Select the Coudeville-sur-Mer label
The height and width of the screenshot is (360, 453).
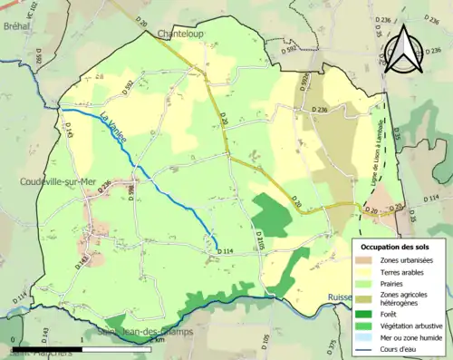point(59,180)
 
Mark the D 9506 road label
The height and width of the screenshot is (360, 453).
point(307,84)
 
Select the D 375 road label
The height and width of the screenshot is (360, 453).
point(333,345)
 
